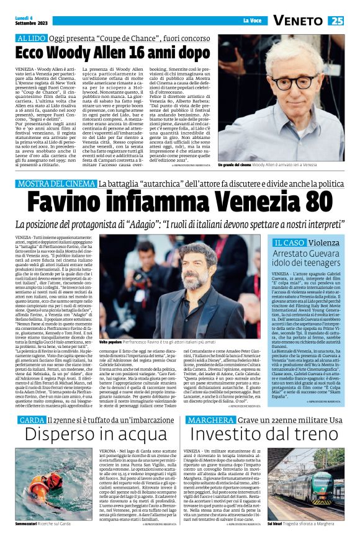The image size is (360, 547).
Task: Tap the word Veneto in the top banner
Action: [299, 20]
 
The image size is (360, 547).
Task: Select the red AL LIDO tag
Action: [32, 38]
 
